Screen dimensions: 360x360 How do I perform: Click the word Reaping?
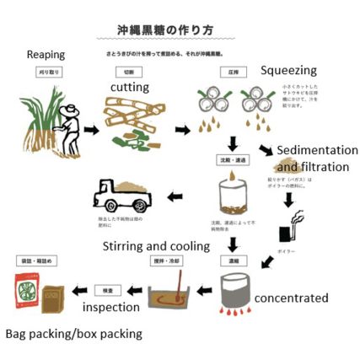click(46, 55)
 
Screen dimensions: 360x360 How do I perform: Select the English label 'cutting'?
click(130, 87)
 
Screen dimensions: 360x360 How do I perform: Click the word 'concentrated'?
click(291, 298)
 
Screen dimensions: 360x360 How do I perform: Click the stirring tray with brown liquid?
click(173, 294)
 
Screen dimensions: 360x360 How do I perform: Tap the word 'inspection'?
click(110, 307)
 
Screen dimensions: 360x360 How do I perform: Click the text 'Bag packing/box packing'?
click(73, 334)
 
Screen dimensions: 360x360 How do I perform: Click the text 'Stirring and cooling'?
click(156, 246)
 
